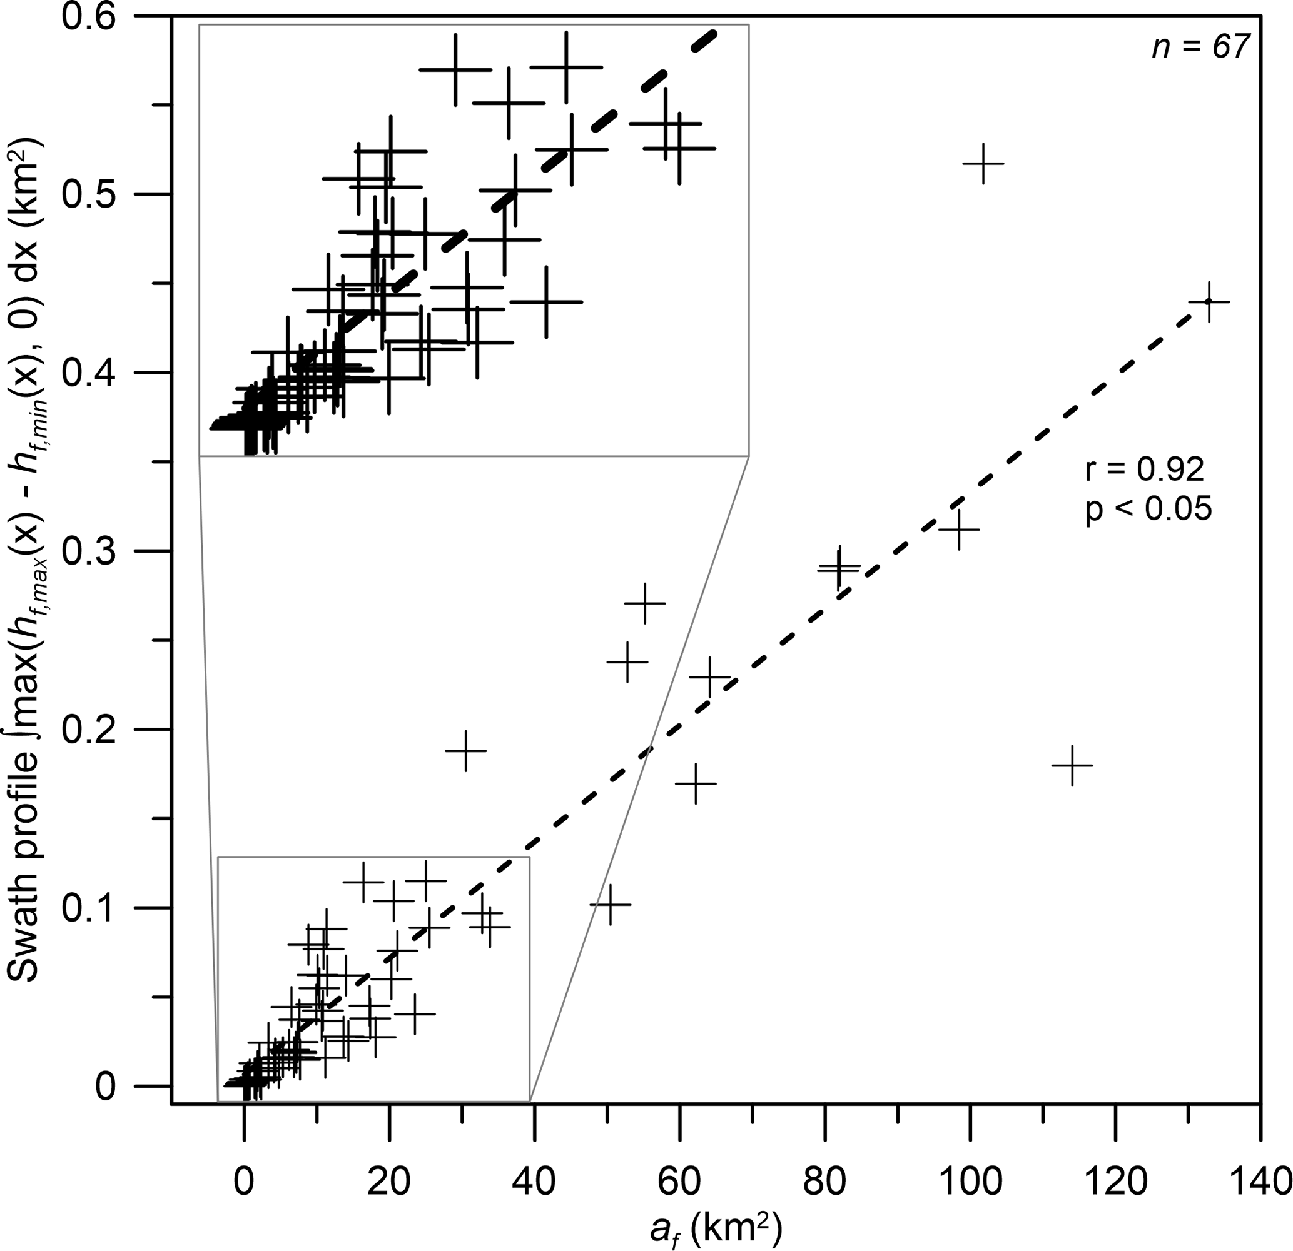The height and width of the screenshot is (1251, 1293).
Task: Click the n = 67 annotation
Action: click(x=1200, y=48)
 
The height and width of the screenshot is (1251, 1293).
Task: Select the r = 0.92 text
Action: click(x=1145, y=470)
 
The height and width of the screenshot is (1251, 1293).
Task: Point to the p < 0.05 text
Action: click(x=1148, y=510)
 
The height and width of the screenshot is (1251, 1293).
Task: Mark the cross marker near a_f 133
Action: click(x=1209, y=302)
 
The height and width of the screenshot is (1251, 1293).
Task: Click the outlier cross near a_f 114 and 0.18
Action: click(x=1072, y=765)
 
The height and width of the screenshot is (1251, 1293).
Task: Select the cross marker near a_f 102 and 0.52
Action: click(x=983, y=163)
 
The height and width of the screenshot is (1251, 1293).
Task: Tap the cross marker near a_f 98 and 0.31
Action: click(x=958, y=530)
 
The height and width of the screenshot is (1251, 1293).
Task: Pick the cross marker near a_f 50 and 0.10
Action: click(x=609, y=904)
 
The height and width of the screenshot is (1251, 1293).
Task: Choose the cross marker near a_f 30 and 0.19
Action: click(x=466, y=750)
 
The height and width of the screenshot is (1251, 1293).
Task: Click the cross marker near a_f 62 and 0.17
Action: click(x=696, y=783)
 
